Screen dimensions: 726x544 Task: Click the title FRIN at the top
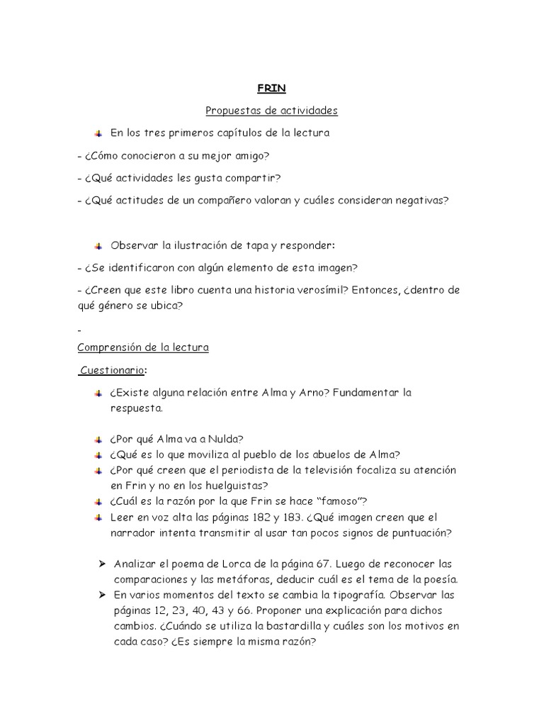point(271,89)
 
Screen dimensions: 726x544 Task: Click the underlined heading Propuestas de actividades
point(271,111)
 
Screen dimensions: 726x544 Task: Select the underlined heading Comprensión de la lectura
point(142,347)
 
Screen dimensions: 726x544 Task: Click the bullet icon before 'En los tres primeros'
point(98,133)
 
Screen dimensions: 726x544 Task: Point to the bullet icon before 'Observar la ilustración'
point(98,245)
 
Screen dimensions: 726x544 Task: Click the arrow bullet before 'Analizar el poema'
point(101,564)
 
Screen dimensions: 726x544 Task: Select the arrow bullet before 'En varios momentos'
point(101,594)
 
